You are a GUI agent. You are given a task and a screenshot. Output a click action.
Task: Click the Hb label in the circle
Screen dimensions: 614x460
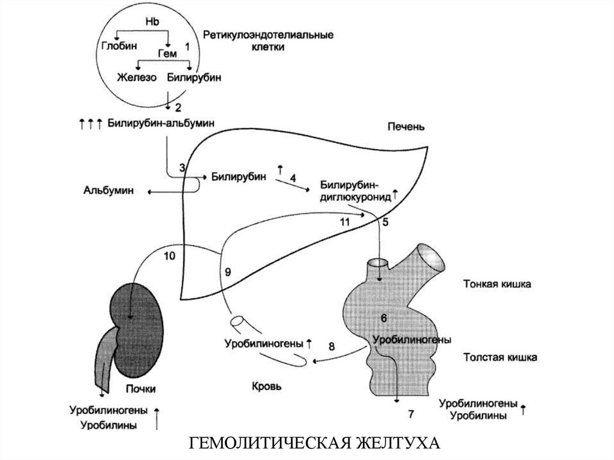(152, 22)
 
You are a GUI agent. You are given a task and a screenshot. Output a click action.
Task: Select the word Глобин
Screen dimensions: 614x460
(119, 46)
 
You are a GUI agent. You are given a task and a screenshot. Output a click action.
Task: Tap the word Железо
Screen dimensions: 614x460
(137, 77)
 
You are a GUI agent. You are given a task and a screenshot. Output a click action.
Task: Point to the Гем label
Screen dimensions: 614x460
(167, 54)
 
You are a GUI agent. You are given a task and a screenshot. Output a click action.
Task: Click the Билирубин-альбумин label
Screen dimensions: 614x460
(161, 123)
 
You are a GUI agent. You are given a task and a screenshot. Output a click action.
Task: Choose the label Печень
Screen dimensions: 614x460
(406, 127)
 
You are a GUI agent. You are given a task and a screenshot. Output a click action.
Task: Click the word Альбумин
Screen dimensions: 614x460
(109, 191)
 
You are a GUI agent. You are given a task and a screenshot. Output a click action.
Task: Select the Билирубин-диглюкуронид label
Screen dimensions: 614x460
(356, 191)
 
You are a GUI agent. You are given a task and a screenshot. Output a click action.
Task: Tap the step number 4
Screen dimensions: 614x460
(293, 178)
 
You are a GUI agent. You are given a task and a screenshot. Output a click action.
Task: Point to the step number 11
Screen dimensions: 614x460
(345, 222)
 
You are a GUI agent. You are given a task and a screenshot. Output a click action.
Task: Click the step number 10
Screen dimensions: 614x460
(170, 256)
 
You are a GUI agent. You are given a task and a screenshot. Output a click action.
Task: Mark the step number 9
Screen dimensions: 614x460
(228, 272)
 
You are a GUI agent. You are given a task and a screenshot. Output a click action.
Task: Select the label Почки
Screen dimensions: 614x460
(141, 389)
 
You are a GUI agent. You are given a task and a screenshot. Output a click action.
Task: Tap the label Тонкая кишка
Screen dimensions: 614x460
(497, 284)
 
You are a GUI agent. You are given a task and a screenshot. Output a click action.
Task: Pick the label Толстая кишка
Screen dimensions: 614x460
(501, 357)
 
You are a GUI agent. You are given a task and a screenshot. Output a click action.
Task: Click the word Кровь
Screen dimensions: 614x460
(266, 386)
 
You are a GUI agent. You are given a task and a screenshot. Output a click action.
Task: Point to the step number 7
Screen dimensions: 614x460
(411, 414)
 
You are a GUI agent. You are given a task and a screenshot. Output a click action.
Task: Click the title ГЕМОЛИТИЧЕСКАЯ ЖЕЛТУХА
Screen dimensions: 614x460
(314, 443)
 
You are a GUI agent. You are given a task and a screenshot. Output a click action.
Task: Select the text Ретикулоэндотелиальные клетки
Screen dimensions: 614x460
(268, 41)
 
